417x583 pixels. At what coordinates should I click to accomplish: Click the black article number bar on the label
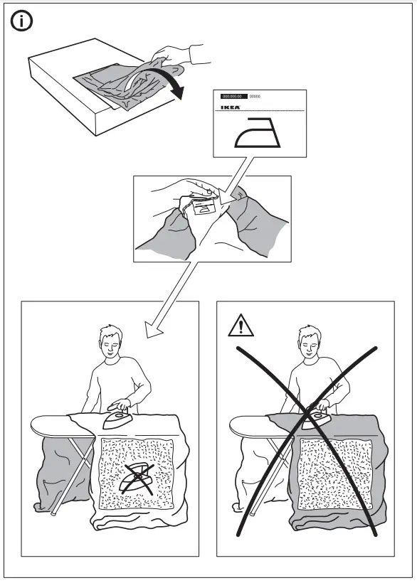[232, 94]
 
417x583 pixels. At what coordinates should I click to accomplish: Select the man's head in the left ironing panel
[111, 345]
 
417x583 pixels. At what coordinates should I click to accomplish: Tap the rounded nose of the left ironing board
[40, 424]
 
